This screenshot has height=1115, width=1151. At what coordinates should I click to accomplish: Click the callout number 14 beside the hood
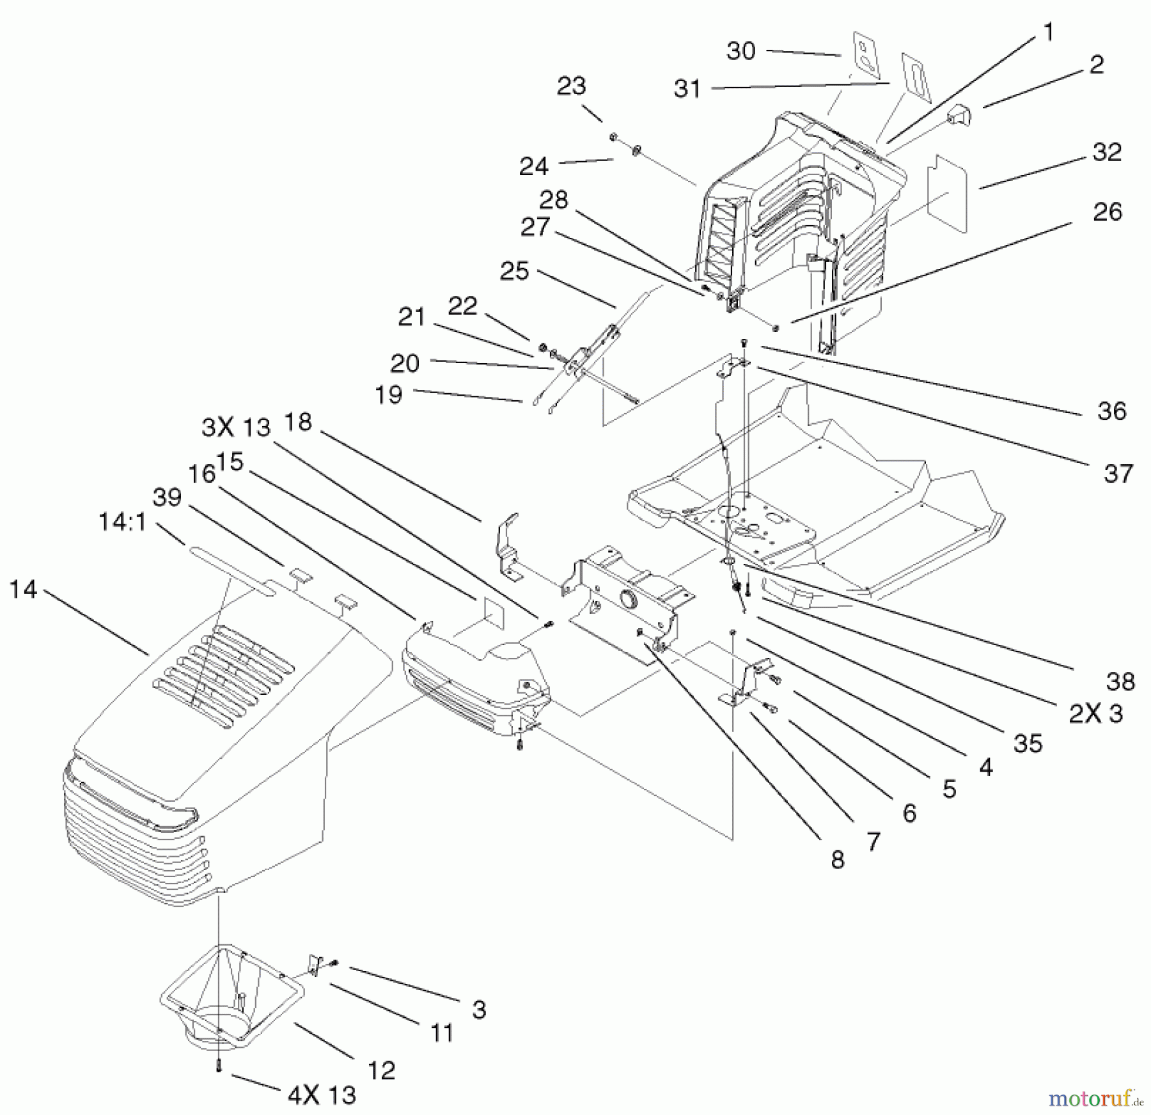pos(24,589)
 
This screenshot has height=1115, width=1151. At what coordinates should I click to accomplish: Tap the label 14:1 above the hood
pos(122,522)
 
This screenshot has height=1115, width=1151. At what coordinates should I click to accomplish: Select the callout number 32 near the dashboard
pos(1108,152)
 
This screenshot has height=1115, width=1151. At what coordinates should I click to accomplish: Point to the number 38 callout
pos(1120,682)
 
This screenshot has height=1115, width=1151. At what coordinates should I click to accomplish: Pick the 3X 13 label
pos(236,427)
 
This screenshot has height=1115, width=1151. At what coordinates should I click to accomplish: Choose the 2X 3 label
pos(1095,713)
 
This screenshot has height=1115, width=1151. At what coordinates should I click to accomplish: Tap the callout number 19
pos(389,394)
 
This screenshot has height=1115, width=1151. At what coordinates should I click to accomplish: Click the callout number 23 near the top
pos(571,86)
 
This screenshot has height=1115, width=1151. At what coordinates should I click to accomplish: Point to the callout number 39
pos(168,497)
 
